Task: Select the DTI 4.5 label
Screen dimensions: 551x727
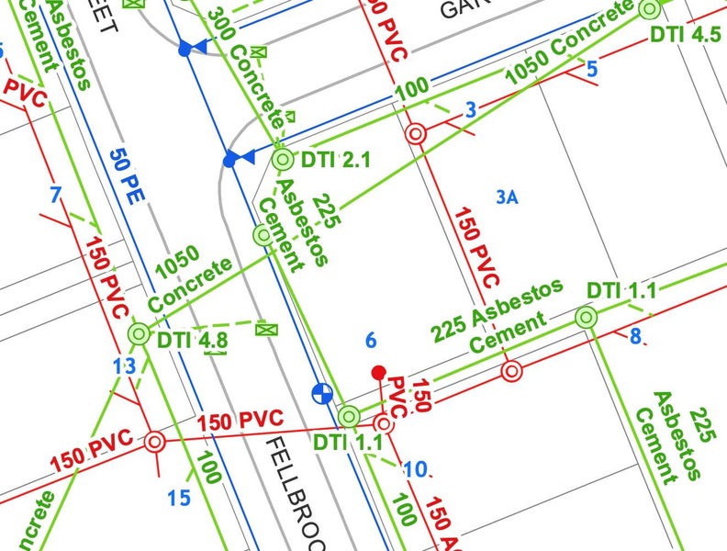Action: click(685, 35)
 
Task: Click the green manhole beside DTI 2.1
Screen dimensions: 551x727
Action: click(283, 160)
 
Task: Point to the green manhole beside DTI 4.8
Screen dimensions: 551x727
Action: click(139, 334)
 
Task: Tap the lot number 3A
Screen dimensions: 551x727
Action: click(508, 197)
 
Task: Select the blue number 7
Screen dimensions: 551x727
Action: click(56, 195)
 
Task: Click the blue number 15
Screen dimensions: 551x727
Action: click(179, 499)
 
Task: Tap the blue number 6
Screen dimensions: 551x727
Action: click(371, 340)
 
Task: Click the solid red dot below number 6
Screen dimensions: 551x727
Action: click(377, 372)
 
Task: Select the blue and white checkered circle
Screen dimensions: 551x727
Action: click(321, 394)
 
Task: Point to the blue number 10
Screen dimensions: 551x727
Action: click(415, 469)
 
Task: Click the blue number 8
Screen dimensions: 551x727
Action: click(634, 336)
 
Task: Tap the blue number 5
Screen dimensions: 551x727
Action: click(591, 68)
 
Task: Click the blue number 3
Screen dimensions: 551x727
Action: click(471, 111)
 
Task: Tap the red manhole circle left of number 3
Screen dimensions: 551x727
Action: click(417, 133)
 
